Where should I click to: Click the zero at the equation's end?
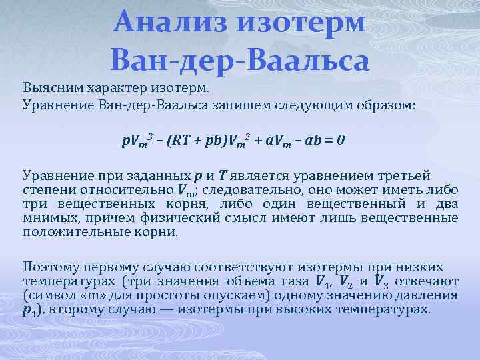click(341, 141)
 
